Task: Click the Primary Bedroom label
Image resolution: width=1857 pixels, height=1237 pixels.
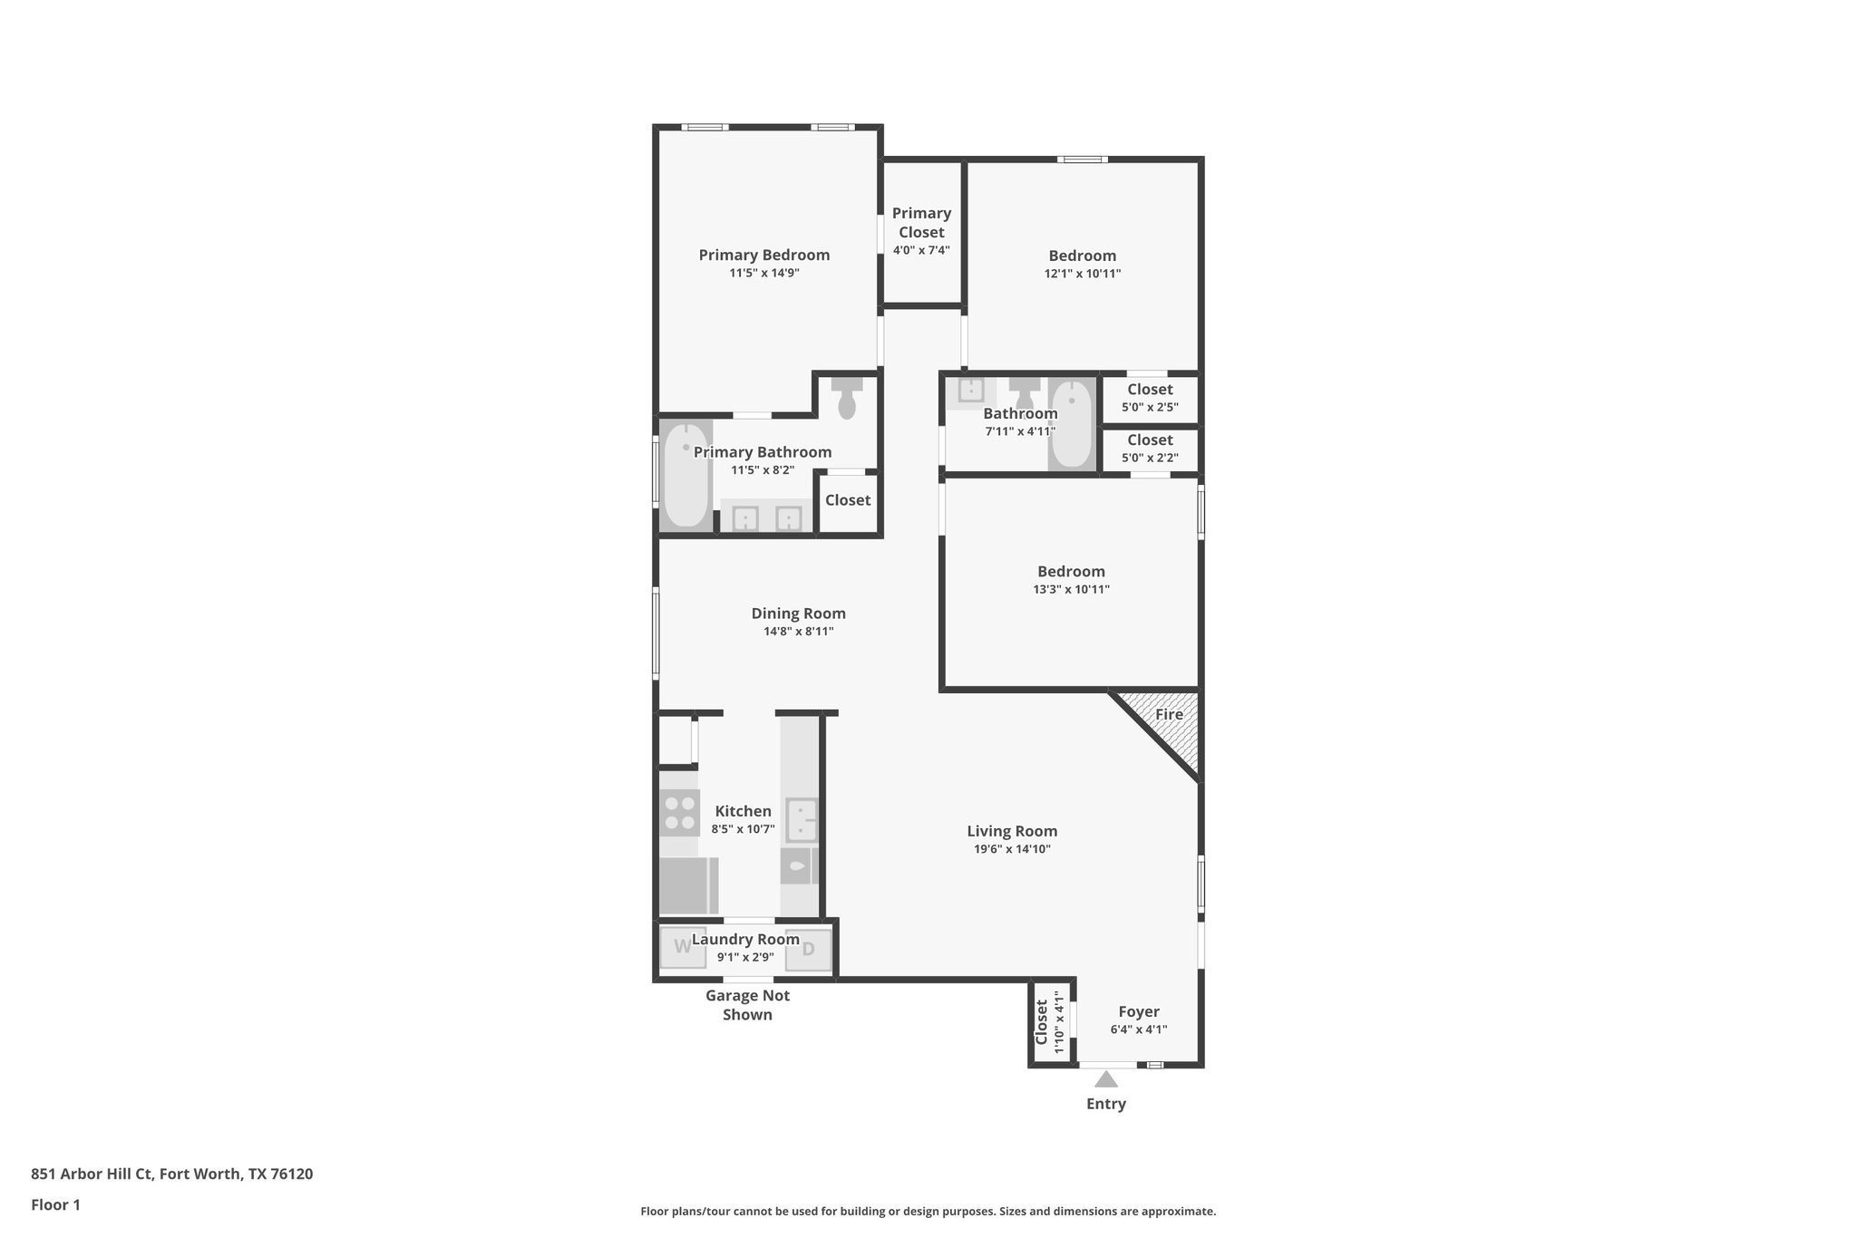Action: (763, 256)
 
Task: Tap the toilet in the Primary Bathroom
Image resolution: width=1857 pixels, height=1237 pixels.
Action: (847, 399)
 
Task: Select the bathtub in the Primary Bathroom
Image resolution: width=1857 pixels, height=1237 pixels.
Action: (685, 476)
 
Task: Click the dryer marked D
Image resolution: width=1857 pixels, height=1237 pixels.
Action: (809, 950)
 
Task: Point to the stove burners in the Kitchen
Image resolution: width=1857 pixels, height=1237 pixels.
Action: (678, 812)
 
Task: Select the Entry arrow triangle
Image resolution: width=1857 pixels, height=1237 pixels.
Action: (1105, 1078)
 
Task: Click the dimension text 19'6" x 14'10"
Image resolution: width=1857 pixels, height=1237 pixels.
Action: (1012, 849)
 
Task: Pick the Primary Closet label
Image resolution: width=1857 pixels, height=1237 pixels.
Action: (921, 222)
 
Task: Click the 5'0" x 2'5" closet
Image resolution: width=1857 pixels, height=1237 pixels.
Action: (1150, 398)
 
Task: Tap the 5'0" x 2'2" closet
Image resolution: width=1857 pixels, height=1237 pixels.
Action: (1150, 449)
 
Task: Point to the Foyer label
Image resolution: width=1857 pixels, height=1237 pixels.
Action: (1138, 1012)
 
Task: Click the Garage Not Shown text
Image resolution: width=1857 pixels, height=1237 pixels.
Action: (747, 1005)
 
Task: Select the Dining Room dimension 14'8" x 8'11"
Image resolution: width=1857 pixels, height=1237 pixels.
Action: (798, 632)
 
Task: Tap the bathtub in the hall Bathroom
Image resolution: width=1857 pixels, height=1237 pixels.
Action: (1072, 423)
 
